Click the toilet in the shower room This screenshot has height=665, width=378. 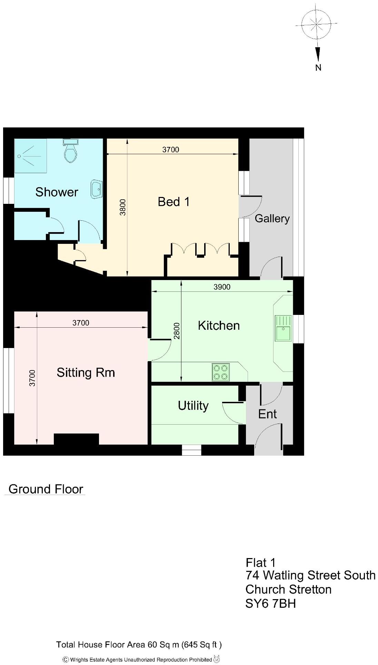(x=71, y=152)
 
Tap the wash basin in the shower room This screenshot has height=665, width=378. (x=97, y=189)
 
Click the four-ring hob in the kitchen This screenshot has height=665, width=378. (x=221, y=373)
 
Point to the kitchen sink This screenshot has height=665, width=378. (x=283, y=328)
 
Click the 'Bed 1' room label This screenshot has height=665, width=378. (x=173, y=202)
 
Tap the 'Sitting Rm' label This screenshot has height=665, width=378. (x=86, y=373)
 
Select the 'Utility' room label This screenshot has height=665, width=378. (x=193, y=406)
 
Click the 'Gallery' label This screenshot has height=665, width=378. (x=272, y=219)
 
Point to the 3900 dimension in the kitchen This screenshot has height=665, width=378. (x=222, y=287)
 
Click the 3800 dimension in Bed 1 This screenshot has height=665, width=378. (x=123, y=207)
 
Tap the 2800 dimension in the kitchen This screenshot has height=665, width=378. (x=177, y=331)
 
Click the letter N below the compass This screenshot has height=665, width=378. (x=318, y=68)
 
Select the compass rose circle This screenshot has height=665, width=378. (x=316, y=24)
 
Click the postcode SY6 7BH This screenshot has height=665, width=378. (x=270, y=604)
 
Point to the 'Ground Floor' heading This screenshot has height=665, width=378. (x=46, y=489)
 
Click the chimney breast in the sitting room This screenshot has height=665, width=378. (x=76, y=439)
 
